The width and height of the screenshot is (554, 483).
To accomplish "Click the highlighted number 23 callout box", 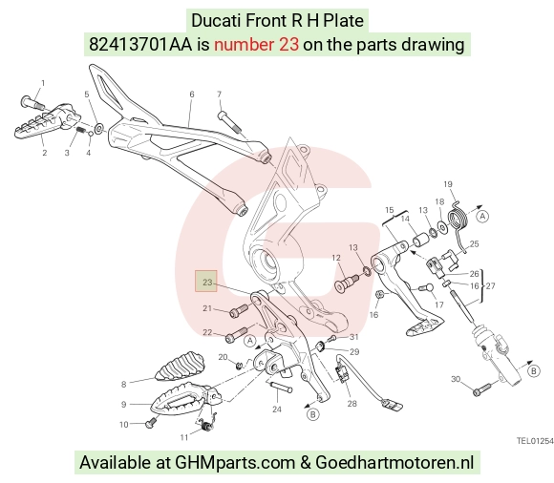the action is tap(206, 282).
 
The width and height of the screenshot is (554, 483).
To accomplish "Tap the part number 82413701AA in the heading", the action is tap(140, 45).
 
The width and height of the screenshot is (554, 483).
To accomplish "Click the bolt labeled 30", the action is tap(481, 389).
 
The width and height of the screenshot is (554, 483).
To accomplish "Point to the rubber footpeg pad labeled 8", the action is tap(181, 366).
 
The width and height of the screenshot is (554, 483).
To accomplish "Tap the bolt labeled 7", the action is tap(229, 122).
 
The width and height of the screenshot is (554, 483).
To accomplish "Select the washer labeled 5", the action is tap(99, 128).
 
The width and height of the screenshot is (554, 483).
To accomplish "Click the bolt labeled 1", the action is tap(32, 102).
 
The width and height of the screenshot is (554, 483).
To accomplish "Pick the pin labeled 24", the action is tap(280, 387).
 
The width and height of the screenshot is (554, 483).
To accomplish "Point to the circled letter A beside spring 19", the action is tap(482, 216).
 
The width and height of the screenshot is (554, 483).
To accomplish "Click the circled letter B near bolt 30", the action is tap(534, 371).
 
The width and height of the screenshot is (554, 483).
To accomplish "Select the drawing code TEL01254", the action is tap(535, 441).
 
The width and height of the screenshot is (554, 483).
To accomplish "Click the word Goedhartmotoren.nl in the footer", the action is tap(394, 463).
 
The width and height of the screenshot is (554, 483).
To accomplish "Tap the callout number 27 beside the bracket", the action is tap(490, 285).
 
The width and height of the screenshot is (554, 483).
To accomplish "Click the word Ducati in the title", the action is tap(216, 20).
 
